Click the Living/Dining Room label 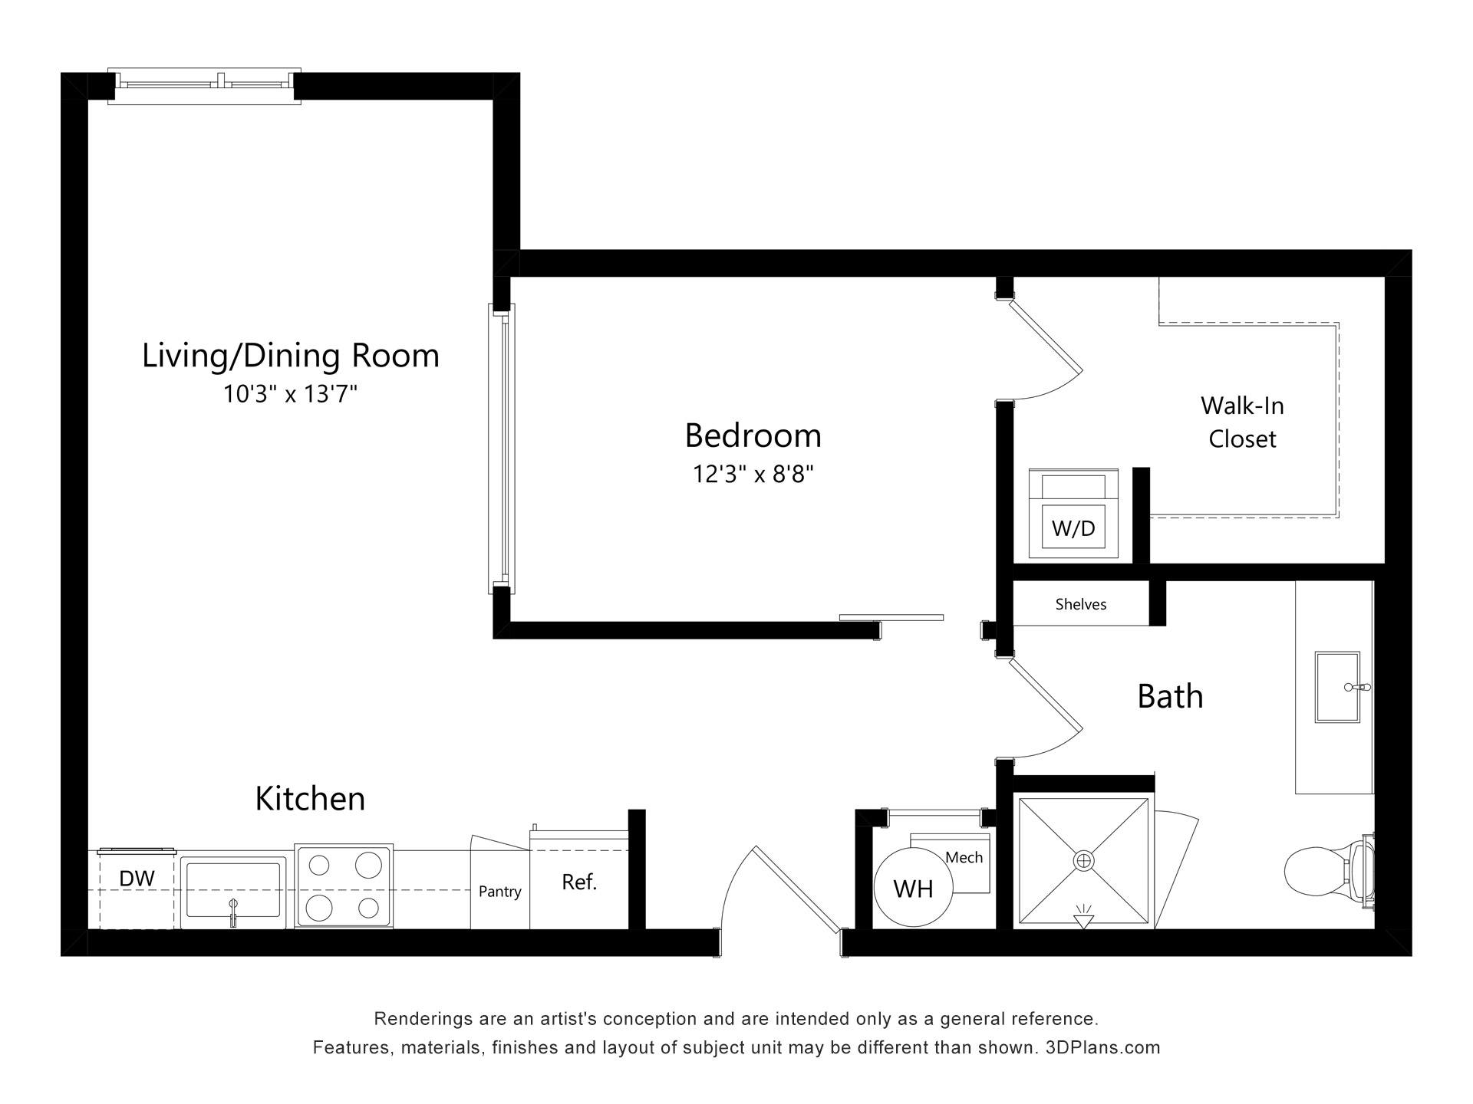291,356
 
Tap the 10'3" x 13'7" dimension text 291,394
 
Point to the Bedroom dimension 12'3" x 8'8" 753,474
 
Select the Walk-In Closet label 1242,422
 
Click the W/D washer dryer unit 1073,514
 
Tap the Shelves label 1081,604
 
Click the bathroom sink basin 1337,687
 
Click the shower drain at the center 1083,861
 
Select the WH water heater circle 913,888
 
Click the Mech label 964,858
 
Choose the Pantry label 499,892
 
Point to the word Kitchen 310,799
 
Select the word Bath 1170,696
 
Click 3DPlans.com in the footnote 1102,1047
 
